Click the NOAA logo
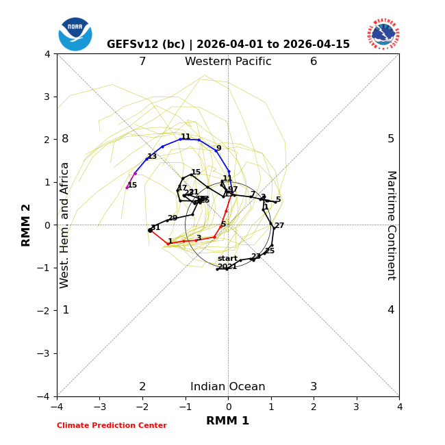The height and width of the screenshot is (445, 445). pyautogui.click(x=75, y=34)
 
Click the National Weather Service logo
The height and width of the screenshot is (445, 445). pyautogui.click(x=383, y=34)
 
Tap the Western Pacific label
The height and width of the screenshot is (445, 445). pyautogui.click(x=228, y=62)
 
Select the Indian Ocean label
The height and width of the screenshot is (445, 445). pyautogui.click(x=228, y=387)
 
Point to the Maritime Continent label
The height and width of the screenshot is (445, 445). pyautogui.click(x=391, y=225)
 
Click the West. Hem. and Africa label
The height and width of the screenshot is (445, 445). pyautogui.click(x=65, y=225)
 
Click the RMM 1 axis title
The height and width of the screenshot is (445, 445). pyautogui.click(x=228, y=421)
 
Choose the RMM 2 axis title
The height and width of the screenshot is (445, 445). pyautogui.click(x=27, y=225)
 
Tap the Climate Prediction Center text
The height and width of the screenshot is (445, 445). pyautogui.click(x=112, y=426)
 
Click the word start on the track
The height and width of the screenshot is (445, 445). pyautogui.click(x=227, y=259)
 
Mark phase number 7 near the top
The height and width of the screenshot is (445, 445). pyautogui.click(x=142, y=62)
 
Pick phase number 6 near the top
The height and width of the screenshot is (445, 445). pyautogui.click(x=314, y=62)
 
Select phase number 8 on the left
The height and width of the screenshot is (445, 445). pyautogui.click(x=65, y=139)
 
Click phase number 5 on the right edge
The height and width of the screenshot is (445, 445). pyautogui.click(x=391, y=139)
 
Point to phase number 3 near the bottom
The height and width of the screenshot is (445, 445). pyautogui.click(x=314, y=387)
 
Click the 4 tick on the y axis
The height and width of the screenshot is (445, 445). pyautogui.click(x=47, y=54)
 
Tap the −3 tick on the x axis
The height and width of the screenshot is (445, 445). pyautogui.click(x=100, y=407)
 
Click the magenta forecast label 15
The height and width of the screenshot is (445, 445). pyautogui.click(x=132, y=186)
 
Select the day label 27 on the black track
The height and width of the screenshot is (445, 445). pyautogui.click(x=279, y=226)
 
